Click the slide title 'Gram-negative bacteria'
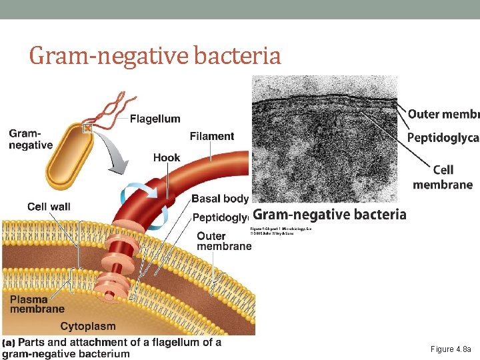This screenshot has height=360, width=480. (155, 55)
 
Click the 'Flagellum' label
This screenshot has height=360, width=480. (155, 119)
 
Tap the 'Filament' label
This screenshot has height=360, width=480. (211, 136)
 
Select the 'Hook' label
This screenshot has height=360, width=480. (167, 157)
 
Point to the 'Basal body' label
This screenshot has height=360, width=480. (219, 198)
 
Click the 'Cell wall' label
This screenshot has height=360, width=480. (49, 207)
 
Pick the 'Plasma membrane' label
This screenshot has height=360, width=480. (37, 304)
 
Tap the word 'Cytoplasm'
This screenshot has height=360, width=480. (87, 326)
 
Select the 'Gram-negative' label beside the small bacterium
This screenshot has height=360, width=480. (31, 139)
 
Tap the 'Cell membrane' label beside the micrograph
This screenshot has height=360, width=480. (443, 177)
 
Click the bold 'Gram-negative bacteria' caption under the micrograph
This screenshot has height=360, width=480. (329, 214)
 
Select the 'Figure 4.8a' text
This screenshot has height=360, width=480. (451, 349)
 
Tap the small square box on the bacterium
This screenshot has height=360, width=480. (87, 127)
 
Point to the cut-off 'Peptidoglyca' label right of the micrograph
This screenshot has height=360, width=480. (443, 137)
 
